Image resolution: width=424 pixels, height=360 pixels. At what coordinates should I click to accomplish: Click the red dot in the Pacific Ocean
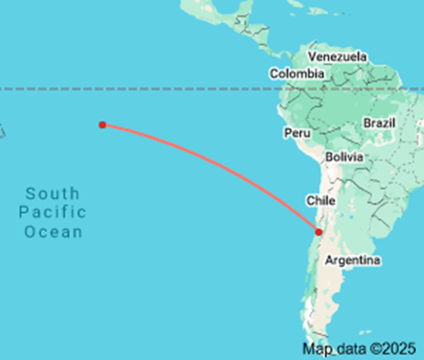103,125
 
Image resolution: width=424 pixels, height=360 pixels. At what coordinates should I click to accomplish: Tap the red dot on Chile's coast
318,232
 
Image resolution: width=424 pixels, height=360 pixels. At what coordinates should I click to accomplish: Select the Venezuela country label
338,57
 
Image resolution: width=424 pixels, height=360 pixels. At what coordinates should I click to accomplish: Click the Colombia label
296,74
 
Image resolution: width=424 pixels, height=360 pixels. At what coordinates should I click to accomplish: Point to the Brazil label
379,122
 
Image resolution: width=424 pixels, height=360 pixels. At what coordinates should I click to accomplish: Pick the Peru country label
297,133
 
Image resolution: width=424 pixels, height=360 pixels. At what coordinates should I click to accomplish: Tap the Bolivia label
344,156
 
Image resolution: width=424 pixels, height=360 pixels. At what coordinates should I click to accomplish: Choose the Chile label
322,200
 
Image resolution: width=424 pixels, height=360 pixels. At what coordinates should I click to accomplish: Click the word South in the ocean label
52,194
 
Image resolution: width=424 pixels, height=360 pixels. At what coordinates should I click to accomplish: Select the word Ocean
53,232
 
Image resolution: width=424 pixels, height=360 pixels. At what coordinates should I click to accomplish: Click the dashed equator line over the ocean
136,89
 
